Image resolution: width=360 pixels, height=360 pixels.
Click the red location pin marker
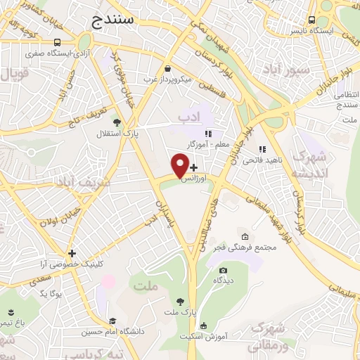(180, 166)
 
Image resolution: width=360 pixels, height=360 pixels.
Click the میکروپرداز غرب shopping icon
(168, 68)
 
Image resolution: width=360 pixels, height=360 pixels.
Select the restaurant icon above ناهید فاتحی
(262, 150)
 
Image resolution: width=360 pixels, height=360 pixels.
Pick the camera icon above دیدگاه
(224, 271)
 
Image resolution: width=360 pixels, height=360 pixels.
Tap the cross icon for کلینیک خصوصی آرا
(72, 253)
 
